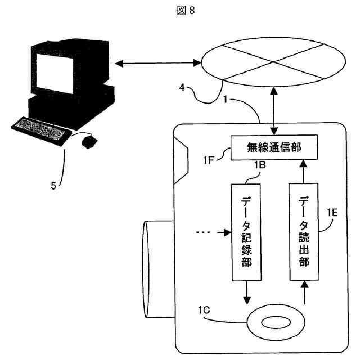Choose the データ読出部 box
[x=303, y=232]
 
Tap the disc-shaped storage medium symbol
[x=274, y=325]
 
